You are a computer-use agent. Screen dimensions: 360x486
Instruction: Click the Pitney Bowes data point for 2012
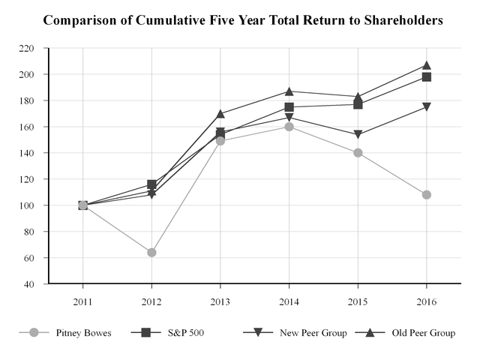tap(151, 253)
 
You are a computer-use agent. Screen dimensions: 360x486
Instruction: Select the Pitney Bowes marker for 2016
tap(427, 195)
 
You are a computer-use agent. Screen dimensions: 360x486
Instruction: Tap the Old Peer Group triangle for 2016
tap(427, 65)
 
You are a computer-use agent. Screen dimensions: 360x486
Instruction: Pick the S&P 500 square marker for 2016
tap(427, 77)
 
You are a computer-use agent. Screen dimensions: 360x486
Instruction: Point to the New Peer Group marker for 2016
tap(427, 107)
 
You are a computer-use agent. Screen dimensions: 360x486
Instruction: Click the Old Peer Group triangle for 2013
tap(220, 114)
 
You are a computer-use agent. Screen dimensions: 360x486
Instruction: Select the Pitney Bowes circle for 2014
tap(289, 127)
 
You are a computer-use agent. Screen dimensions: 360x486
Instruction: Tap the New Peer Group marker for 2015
tap(358, 135)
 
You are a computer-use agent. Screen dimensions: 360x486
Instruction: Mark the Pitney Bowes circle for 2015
tap(358, 153)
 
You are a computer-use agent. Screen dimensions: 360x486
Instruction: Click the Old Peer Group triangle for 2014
tap(289, 91)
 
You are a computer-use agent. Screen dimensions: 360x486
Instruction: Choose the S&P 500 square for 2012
tap(151, 184)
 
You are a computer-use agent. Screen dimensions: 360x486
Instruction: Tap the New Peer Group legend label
tap(315, 332)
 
